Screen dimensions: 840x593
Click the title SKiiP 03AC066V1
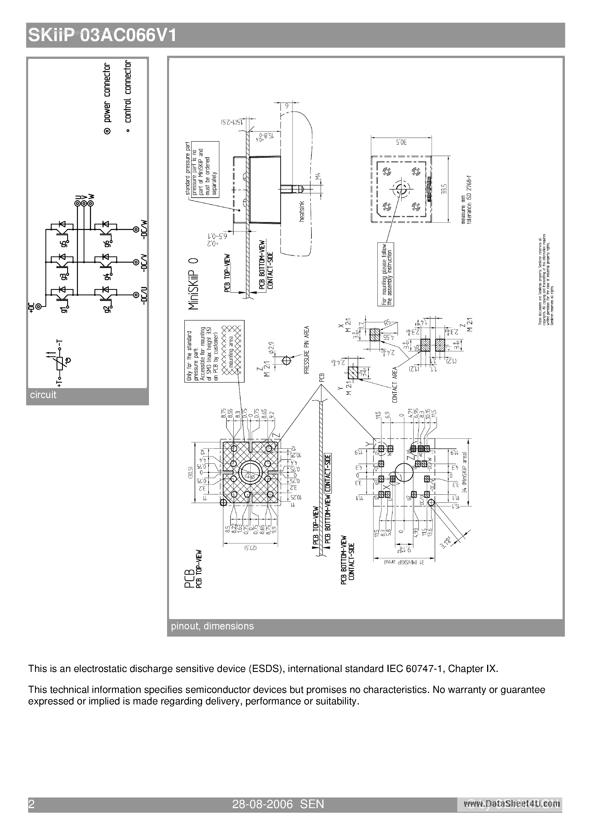[x=102, y=36]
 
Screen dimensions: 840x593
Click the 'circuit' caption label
[x=43, y=395]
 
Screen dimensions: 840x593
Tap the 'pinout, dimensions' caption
[x=212, y=626]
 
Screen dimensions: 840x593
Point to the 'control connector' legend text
[x=127, y=91]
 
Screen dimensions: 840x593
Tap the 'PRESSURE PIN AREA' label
[x=306, y=349]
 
